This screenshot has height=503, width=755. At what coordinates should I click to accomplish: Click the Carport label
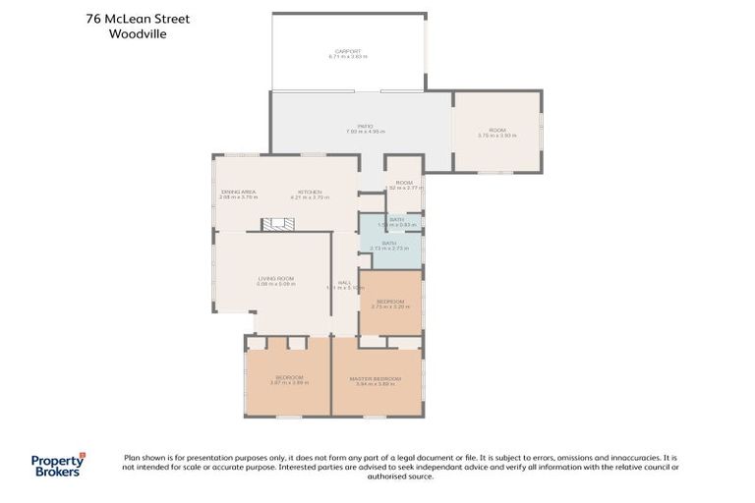pyautogui.click(x=348, y=51)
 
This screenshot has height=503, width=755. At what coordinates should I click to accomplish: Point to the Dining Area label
pyautogui.click(x=238, y=192)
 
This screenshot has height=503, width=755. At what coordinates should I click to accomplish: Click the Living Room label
pyautogui.click(x=276, y=278)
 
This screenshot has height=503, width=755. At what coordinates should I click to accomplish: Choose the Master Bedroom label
pyautogui.click(x=376, y=378)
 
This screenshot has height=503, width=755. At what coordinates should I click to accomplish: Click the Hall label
pyautogui.click(x=344, y=282)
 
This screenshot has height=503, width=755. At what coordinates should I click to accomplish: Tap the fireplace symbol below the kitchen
pyautogui.click(x=277, y=225)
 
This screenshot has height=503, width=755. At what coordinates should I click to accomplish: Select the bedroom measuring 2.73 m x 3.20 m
pyautogui.click(x=390, y=304)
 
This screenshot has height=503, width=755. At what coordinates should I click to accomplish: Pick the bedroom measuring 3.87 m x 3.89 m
pyautogui.click(x=289, y=379)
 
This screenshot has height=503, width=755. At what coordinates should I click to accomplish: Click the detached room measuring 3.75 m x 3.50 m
pyautogui.click(x=496, y=132)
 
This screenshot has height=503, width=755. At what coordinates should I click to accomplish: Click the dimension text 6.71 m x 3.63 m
pyautogui.click(x=348, y=57)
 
